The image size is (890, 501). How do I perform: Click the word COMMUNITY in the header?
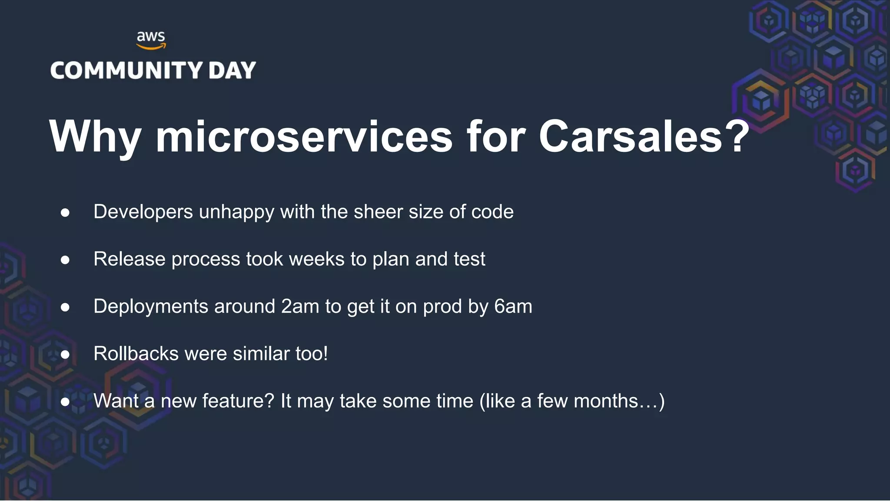(126, 70)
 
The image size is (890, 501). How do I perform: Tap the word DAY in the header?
(232, 70)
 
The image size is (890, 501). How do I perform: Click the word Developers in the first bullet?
(143, 212)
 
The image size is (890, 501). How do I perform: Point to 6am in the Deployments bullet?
(513, 307)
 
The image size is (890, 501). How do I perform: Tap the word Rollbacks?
(136, 354)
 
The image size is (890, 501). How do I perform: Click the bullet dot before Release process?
(65, 260)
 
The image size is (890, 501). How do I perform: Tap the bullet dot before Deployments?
(65, 307)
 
